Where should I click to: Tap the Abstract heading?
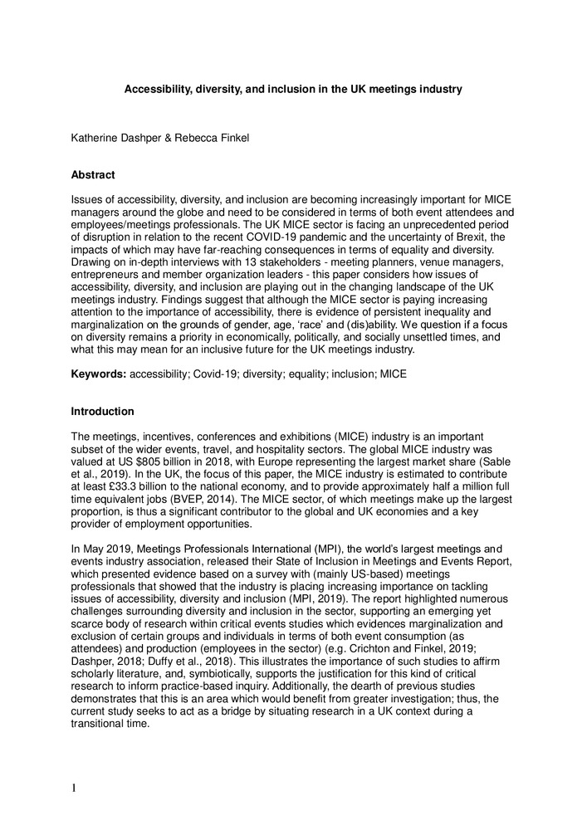click(93, 175)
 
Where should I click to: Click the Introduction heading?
click(102, 411)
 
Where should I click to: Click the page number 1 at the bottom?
click(74, 788)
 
